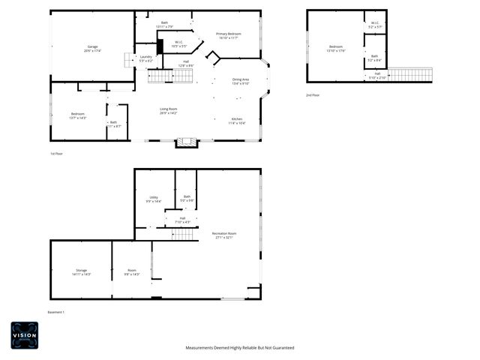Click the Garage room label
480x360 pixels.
[x=92, y=47]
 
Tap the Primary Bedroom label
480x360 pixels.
[x=228, y=34]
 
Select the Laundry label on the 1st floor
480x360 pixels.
[x=145, y=57]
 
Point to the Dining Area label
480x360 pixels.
[x=241, y=79]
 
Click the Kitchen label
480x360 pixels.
[x=237, y=119]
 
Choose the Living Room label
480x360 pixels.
[x=168, y=109]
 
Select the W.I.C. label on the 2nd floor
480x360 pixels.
[x=375, y=23]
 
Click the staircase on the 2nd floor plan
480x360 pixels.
[x=410, y=74]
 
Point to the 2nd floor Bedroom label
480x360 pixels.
[x=335, y=47]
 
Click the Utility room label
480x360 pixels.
[x=153, y=198]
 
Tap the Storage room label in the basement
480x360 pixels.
[x=81, y=270]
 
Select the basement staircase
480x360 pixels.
[x=184, y=235]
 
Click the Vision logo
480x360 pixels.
[x=24, y=335]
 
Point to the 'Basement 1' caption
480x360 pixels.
[x=56, y=312]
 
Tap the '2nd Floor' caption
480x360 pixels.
[x=312, y=95]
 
